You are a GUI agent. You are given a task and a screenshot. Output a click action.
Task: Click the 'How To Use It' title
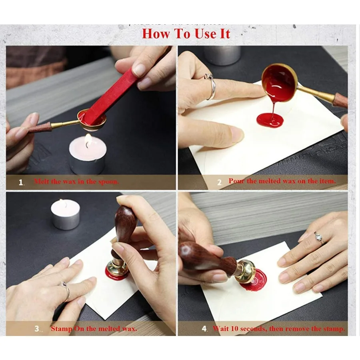pos(186,34)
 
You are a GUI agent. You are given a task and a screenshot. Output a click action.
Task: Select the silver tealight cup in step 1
pos(88,164)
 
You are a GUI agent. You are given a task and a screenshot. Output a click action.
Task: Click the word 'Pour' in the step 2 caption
pos(236,181)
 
